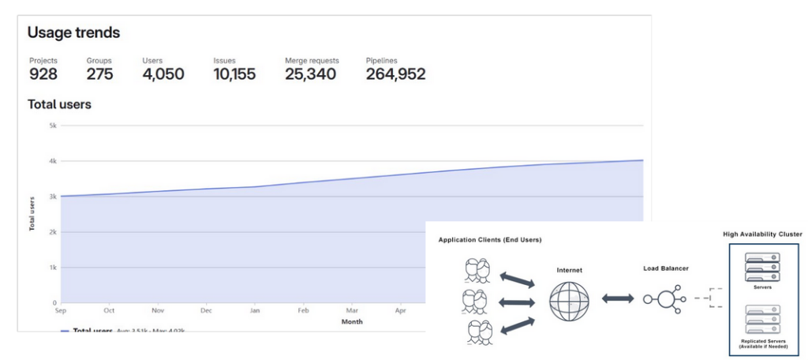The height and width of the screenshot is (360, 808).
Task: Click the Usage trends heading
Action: point(73,32)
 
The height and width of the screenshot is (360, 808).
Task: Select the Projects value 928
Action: point(43,74)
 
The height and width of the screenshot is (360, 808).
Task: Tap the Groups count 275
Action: point(99,74)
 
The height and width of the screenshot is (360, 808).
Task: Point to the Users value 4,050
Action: point(163,74)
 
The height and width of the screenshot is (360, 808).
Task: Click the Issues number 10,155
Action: point(234,74)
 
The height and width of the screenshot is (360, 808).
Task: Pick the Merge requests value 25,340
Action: point(310,74)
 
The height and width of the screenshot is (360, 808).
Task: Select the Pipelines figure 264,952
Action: point(395,74)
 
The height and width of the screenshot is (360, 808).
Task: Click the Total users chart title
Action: point(59,104)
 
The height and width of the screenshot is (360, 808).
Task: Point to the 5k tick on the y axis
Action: point(53,126)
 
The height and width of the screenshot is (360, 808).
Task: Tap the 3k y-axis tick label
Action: point(53,197)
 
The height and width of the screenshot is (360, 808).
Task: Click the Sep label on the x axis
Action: point(61,311)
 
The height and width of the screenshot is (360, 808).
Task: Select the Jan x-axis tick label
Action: point(254,311)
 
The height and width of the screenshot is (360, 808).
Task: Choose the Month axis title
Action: point(352,322)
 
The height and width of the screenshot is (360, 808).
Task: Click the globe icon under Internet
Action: point(569,300)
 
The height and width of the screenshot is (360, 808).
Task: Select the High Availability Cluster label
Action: point(762,234)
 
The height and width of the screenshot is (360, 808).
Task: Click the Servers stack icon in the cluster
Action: point(762,266)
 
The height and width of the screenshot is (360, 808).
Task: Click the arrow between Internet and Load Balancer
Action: point(618,298)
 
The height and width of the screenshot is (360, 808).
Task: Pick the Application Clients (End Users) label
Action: point(490,239)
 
